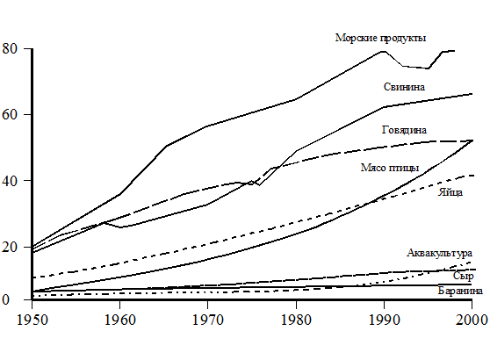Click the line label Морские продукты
(x=380, y=38)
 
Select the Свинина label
(x=404, y=87)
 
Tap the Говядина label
(x=404, y=130)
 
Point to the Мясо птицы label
(x=390, y=168)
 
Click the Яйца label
(x=450, y=192)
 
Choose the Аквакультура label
(x=439, y=253)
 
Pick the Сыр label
(x=464, y=277)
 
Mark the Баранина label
(x=460, y=291)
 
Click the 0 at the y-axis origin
(x=6, y=300)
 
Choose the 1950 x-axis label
(x=32, y=320)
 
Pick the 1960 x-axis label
(x=120, y=320)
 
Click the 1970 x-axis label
(x=208, y=320)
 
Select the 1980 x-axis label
(x=296, y=320)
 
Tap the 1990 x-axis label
(x=385, y=320)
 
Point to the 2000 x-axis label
(x=472, y=320)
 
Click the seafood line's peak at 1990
(x=384, y=51)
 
